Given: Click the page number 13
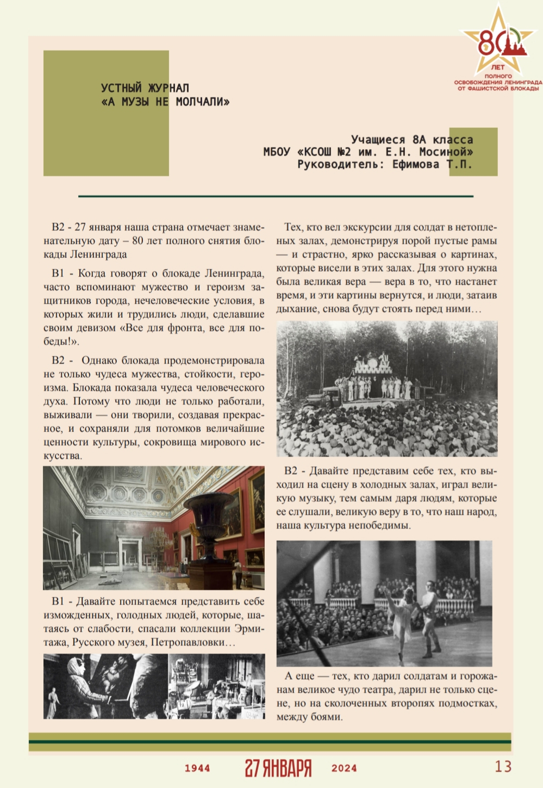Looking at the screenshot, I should (x=503, y=766).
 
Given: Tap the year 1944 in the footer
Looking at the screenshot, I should (x=197, y=768).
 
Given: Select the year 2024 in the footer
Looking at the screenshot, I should (x=344, y=768).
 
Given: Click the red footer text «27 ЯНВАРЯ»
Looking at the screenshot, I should (x=278, y=768).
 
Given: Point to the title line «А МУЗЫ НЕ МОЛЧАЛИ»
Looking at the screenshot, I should (x=165, y=102).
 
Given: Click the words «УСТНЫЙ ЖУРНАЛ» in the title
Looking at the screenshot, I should (x=145, y=88).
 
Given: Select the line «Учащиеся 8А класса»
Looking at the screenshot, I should (x=412, y=140).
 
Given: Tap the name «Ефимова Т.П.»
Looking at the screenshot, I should (x=432, y=164).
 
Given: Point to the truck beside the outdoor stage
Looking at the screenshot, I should (x=332, y=395).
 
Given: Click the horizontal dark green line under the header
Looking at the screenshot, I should (x=276, y=196).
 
